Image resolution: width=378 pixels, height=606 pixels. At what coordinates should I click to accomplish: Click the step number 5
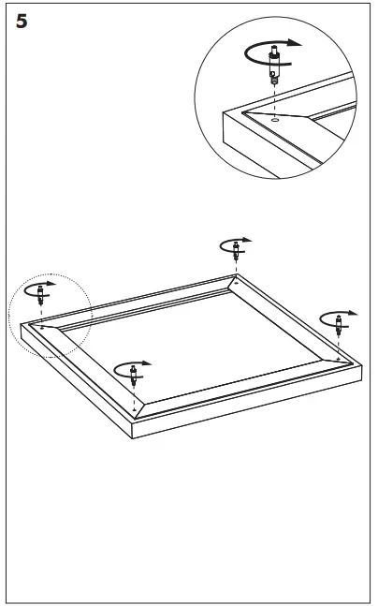[22, 22]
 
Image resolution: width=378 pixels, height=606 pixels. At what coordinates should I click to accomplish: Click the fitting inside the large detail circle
[274, 65]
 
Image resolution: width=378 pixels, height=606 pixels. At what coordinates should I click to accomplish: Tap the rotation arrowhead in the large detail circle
[296, 42]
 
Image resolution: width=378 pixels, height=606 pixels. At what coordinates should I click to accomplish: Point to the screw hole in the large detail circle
[274, 120]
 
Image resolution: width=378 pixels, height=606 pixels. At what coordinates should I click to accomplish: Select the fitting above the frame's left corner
[40, 294]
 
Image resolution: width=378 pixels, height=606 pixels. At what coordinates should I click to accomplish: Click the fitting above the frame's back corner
[236, 250]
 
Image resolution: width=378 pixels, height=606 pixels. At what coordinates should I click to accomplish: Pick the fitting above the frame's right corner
[339, 325]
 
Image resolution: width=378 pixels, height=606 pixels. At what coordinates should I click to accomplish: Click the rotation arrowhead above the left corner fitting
[51, 284]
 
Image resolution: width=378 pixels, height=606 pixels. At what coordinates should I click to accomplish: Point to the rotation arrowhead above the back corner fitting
[247, 240]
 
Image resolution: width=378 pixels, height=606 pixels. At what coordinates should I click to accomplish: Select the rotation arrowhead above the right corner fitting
[352, 313]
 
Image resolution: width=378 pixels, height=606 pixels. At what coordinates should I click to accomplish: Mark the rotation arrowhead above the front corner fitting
[146, 363]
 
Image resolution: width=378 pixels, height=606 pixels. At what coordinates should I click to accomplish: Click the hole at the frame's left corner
[41, 327]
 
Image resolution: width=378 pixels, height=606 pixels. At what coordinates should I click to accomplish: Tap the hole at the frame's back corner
[237, 283]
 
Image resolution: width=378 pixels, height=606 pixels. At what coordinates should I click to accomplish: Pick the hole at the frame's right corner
[338, 359]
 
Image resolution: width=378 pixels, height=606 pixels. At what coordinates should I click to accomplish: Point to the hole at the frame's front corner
[134, 409]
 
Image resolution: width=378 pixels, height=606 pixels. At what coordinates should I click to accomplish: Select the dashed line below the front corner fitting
[134, 396]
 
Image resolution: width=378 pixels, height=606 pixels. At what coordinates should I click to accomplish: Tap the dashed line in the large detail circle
[274, 101]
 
